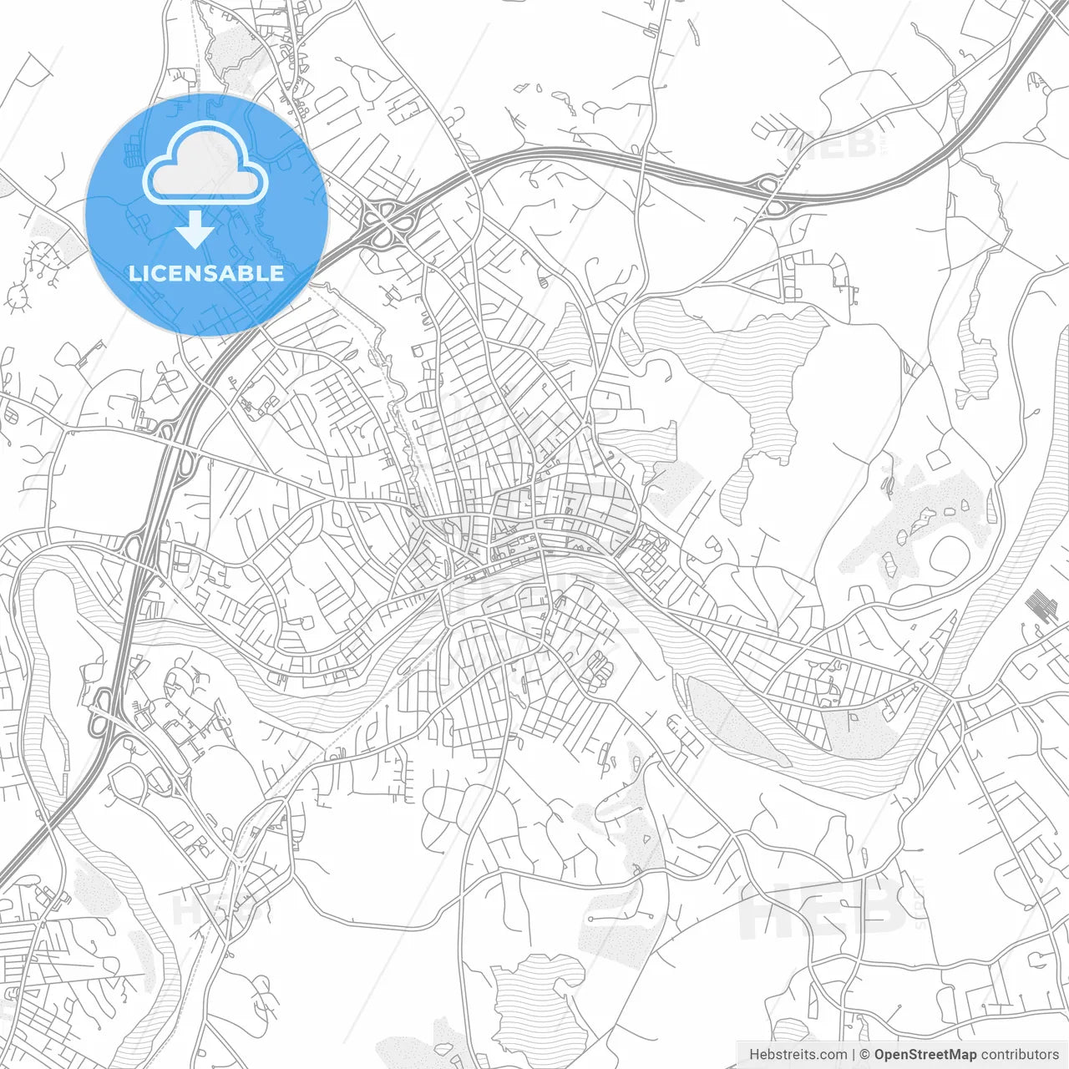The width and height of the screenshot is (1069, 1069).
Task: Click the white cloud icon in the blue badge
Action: tap(205, 163)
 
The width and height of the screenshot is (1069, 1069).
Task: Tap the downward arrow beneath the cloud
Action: tap(195, 229)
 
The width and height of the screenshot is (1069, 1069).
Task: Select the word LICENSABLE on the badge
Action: tap(206, 273)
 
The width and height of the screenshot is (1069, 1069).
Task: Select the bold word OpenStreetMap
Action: tap(925, 1055)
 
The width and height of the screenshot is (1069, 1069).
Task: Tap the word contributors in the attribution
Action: tap(1020, 1055)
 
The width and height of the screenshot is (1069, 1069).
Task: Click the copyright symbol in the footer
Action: tap(865, 1055)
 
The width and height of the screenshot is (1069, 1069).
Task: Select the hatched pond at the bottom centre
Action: tap(534, 998)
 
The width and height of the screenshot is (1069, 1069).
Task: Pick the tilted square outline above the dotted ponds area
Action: tap(937, 458)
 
